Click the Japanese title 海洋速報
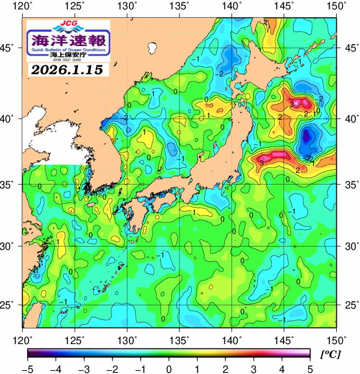[69, 40]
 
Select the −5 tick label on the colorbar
[27, 368]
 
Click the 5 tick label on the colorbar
[310, 368]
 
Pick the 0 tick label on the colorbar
[168, 368]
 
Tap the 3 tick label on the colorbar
[254, 368]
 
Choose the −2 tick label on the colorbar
[112, 368]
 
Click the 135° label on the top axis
[180, 6]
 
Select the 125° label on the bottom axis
[75, 338]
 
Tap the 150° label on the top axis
[336, 6]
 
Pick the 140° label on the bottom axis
[232, 338]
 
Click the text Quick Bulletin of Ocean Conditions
[69, 50]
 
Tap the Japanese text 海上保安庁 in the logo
[69, 56]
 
